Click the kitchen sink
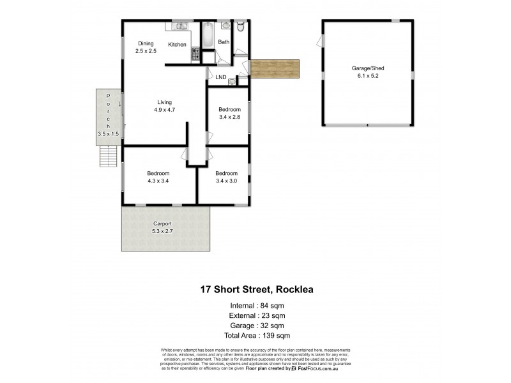pyautogui.click(x=179, y=27)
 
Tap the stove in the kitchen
pyautogui.click(x=195, y=56)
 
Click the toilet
pyautogui.click(x=240, y=26)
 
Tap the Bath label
pyautogui.click(x=224, y=42)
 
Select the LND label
pyautogui.click(x=221, y=78)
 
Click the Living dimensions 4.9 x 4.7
pyautogui.click(x=164, y=110)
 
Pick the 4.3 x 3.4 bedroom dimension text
pyautogui.click(x=158, y=181)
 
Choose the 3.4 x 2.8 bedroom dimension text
pyautogui.click(x=229, y=117)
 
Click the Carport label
pyautogui.click(x=163, y=223)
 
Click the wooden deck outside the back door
pyautogui.click(x=275, y=69)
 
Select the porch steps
pyautogui.click(x=109, y=156)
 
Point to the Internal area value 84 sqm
pyautogui.click(x=271, y=305)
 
